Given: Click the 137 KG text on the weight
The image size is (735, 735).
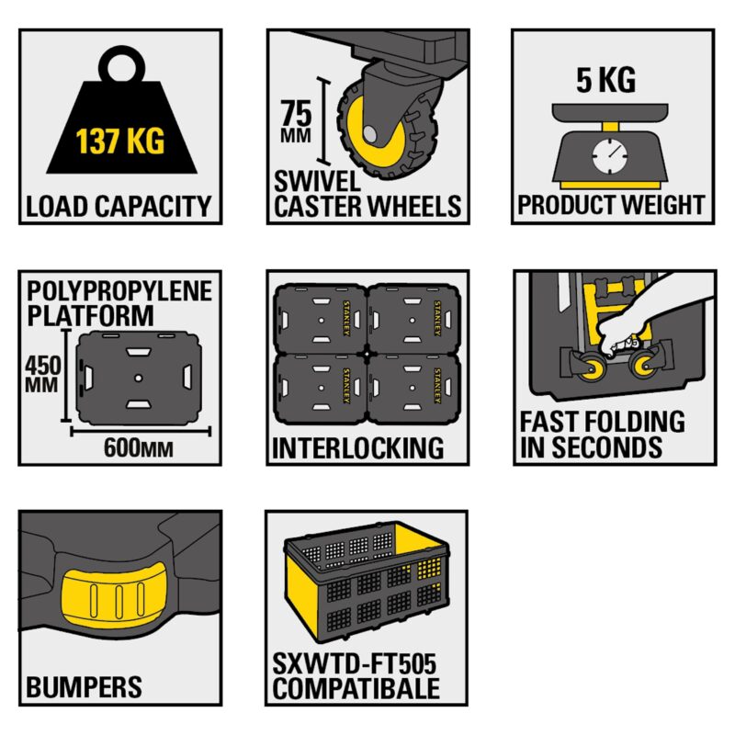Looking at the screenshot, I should (119, 142).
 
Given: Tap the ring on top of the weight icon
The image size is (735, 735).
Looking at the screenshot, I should (120, 66).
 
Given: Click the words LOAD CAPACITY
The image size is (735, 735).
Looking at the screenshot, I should (119, 205).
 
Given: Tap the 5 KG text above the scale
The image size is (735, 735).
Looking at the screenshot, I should (605, 81).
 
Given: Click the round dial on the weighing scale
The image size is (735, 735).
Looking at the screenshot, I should (607, 154).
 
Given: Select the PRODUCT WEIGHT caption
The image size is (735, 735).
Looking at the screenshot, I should (611, 204).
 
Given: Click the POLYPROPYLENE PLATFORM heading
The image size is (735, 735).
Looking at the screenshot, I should (119, 304).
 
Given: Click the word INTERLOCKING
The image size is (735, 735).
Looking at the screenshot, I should (358, 448).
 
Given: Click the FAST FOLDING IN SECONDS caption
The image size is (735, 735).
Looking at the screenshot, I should (602, 435).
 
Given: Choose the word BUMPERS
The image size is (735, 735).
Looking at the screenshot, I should (84, 686).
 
